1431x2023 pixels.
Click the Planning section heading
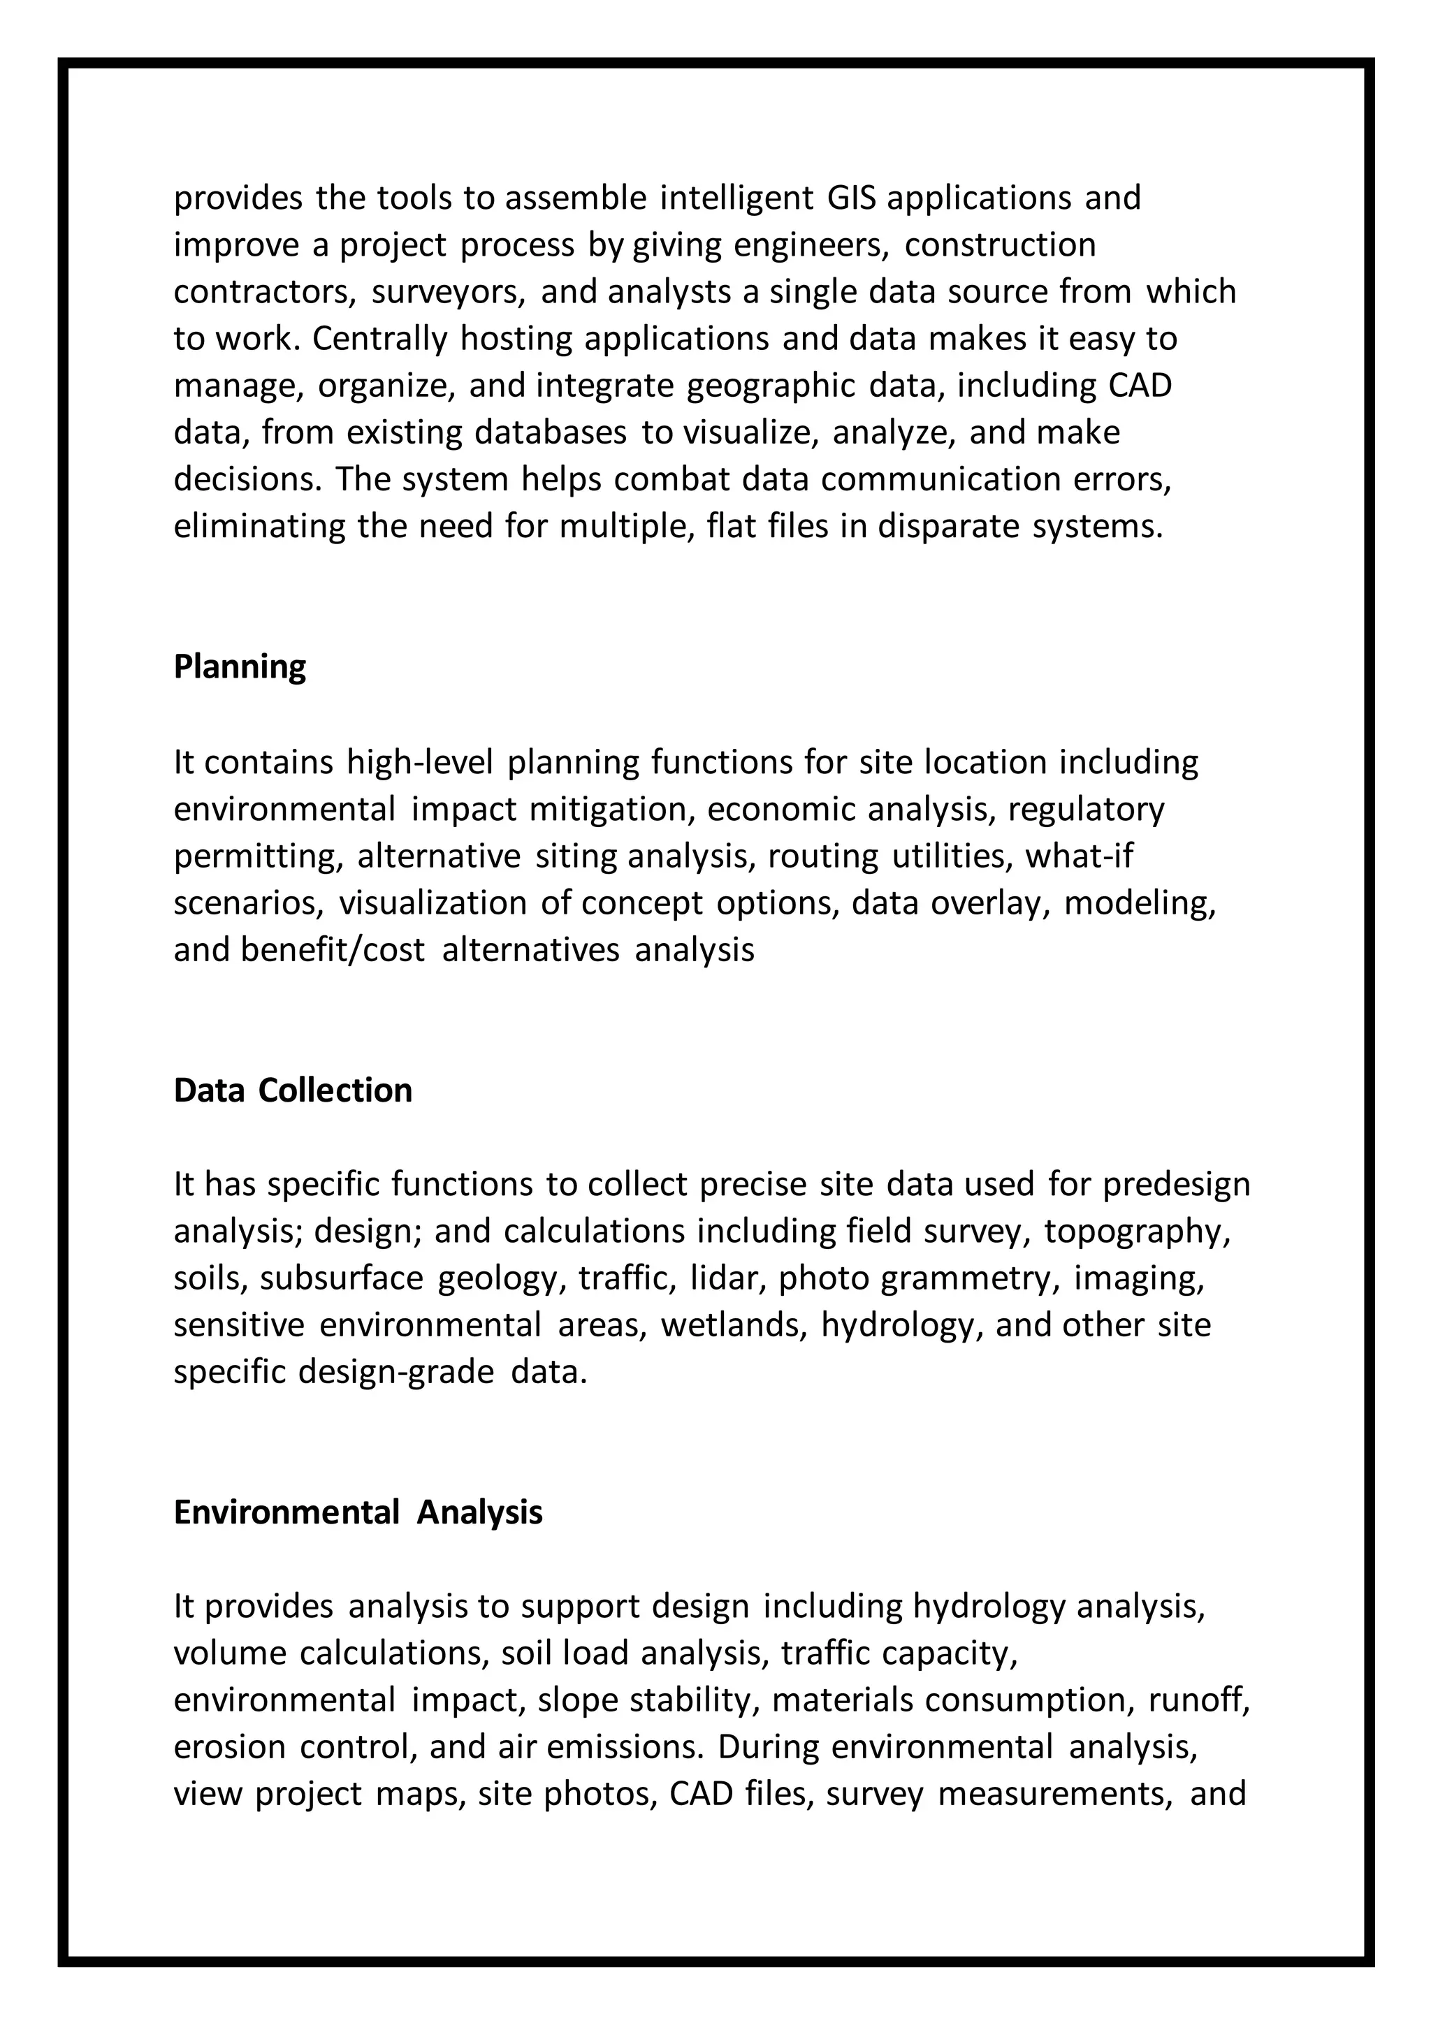click(240, 667)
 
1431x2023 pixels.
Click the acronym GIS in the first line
click(850, 198)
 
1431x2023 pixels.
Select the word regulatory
click(1087, 809)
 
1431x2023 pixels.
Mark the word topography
click(1137, 1232)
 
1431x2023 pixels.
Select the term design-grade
click(395, 1373)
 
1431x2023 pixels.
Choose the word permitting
click(258, 856)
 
